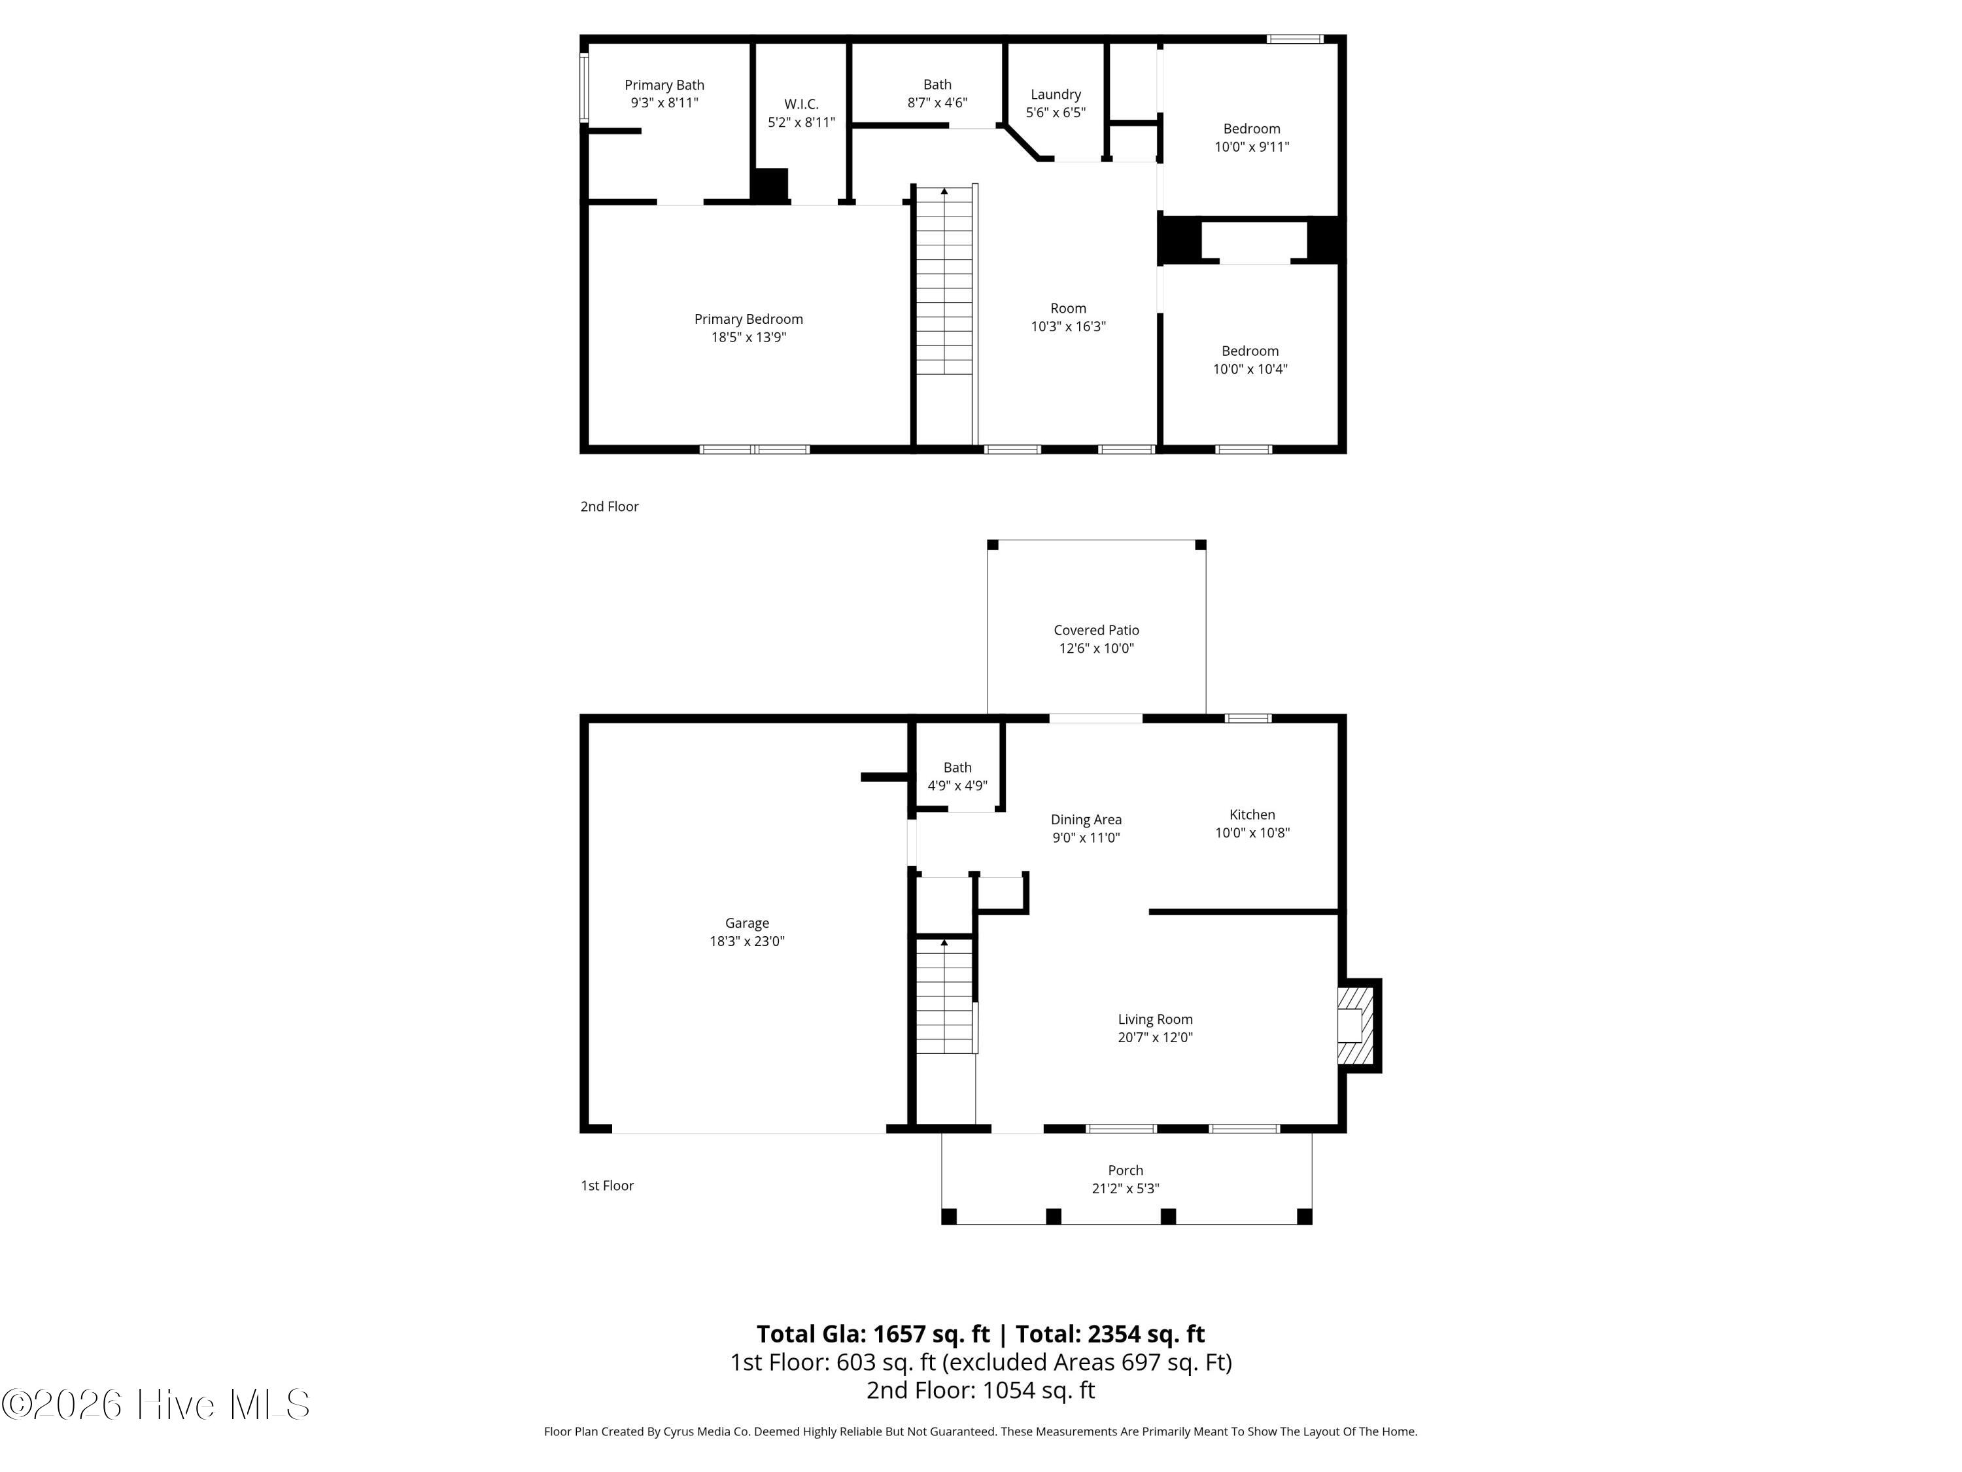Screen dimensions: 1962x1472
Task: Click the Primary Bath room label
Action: (x=664, y=85)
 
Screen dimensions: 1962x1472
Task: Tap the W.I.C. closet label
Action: (x=801, y=104)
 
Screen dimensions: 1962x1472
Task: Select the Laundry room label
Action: (x=1056, y=95)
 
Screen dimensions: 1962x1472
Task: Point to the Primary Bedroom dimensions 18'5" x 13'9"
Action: (x=749, y=337)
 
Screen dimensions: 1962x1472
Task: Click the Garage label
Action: (x=747, y=924)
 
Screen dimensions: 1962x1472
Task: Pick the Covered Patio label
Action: (x=1096, y=630)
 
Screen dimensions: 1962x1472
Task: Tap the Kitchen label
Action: (x=1252, y=815)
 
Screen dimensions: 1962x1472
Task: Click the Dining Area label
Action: (x=1086, y=820)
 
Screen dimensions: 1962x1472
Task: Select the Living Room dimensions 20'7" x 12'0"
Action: (x=1155, y=1037)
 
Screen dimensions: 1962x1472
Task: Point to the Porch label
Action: (x=1126, y=1170)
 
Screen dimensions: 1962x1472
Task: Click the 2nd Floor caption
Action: (x=610, y=506)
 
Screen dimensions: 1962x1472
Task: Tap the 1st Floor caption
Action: (x=608, y=1185)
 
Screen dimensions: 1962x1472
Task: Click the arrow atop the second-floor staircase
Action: (x=944, y=192)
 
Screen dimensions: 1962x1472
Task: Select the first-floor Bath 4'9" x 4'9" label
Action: (x=957, y=777)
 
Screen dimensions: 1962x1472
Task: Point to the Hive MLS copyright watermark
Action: (x=155, y=1405)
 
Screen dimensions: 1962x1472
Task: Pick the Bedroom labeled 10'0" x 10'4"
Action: (x=1250, y=360)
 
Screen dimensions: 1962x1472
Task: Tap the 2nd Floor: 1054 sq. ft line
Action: (x=980, y=1390)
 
